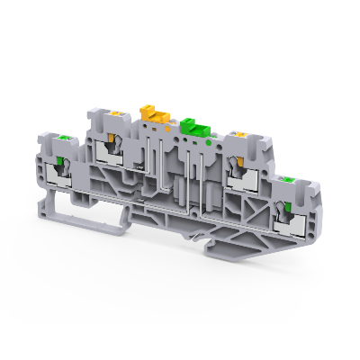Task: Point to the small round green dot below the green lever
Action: [x=208, y=140]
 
